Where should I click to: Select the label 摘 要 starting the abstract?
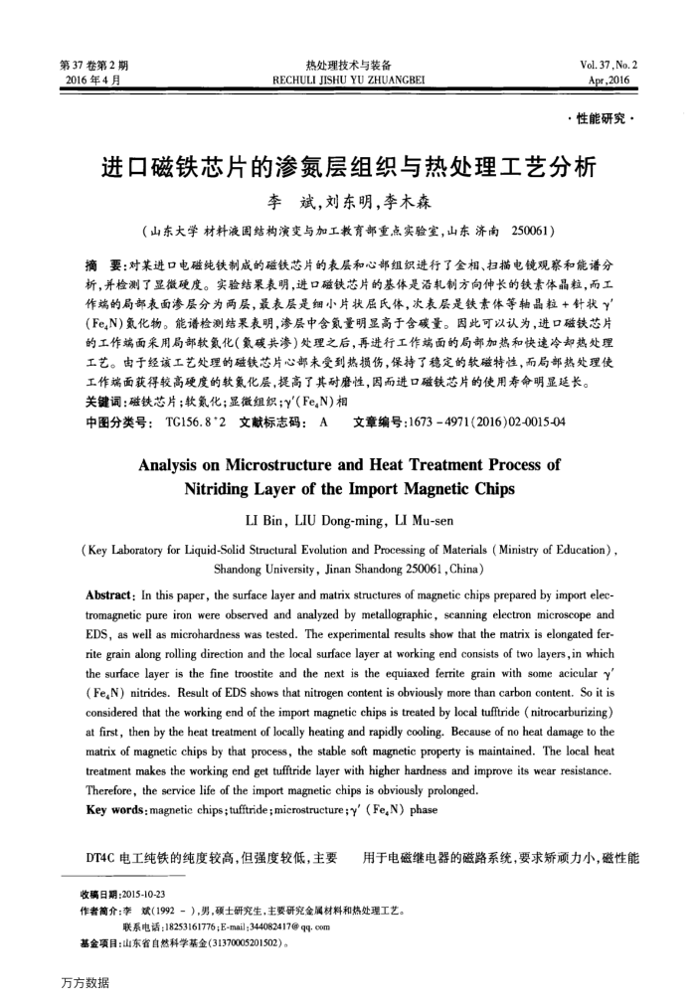pyautogui.click(x=104, y=265)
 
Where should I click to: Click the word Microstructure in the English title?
pyautogui.click(x=300, y=463)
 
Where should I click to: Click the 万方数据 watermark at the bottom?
pyautogui.click(x=86, y=983)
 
